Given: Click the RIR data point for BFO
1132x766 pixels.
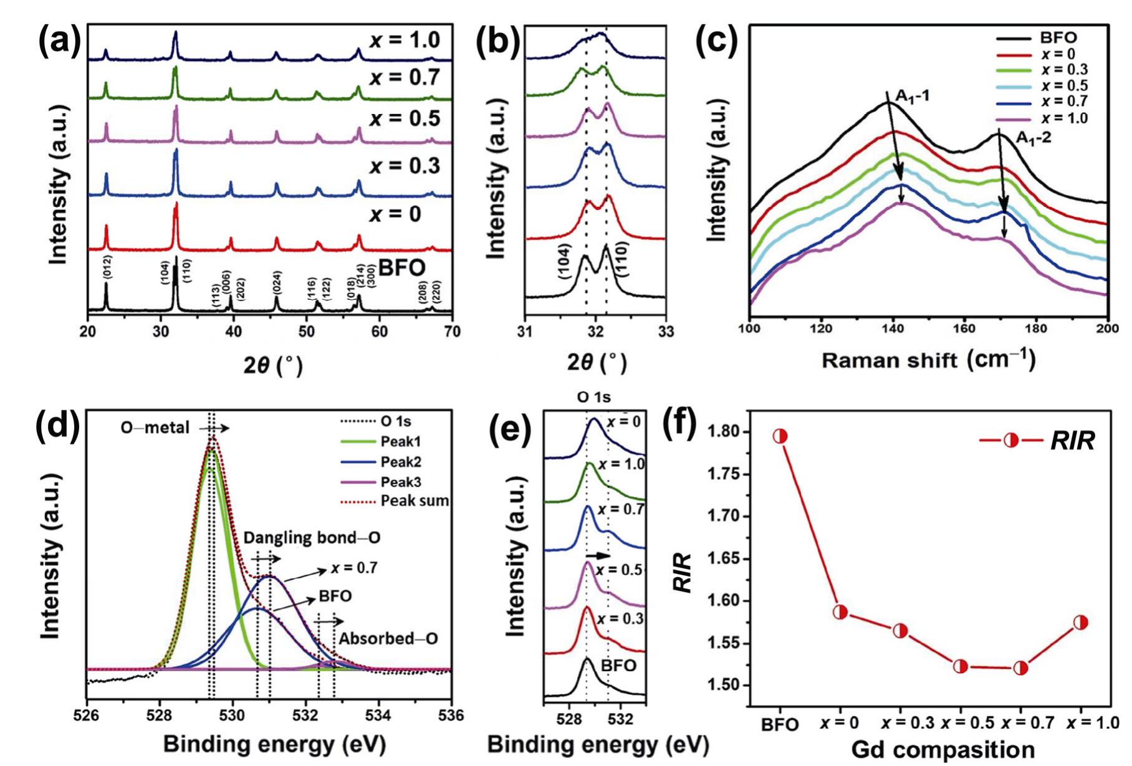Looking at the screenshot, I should coord(780,436).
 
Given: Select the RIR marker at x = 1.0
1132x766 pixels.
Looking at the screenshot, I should coord(1080,623).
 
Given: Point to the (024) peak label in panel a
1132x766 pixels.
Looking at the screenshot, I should coord(277,284).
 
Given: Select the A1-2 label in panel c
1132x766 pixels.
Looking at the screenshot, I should coord(1033,137).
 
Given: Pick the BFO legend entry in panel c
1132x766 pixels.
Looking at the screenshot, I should coord(1058,37).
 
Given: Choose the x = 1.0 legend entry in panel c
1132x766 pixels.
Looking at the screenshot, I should coord(1063,118).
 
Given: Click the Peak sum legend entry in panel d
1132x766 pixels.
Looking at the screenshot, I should coord(415,501).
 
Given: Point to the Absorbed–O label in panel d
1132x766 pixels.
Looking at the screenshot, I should coord(388,639).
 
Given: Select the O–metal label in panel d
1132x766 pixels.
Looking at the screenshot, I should coord(155,428).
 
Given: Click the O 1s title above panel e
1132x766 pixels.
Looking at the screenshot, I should coord(593,397).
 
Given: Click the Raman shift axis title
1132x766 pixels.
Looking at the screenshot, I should coord(929,360).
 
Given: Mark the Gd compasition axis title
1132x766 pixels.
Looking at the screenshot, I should coord(943,750).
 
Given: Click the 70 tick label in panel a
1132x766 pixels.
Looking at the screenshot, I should coord(453,332).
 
